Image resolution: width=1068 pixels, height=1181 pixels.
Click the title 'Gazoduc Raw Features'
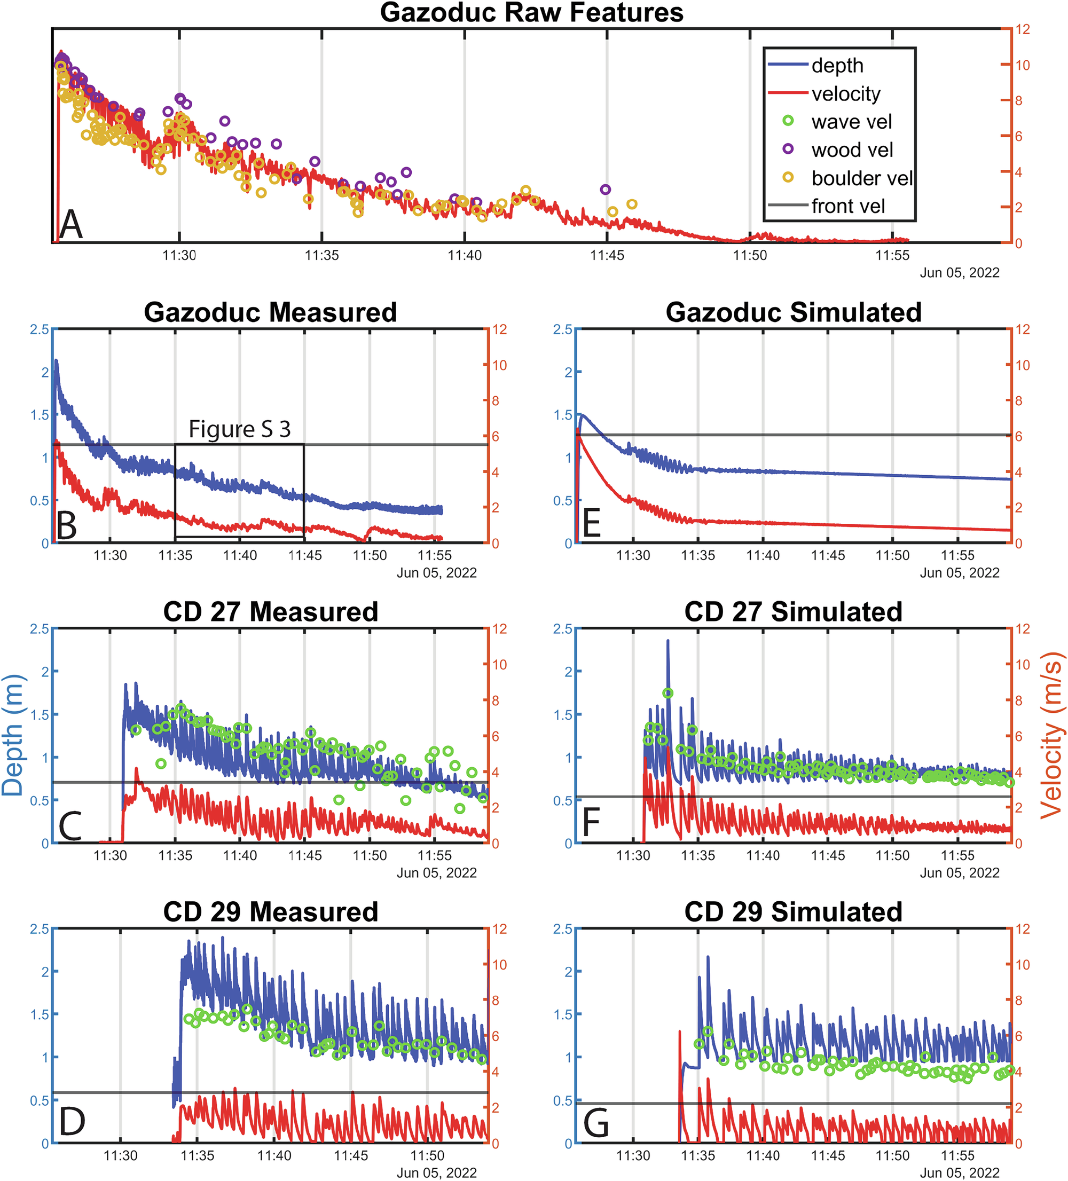(x=531, y=12)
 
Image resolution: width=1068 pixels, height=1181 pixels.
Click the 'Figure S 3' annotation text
(x=240, y=429)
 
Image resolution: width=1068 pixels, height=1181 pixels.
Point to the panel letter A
(x=72, y=224)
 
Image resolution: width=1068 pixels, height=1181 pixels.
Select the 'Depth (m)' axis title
(x=13, y=736)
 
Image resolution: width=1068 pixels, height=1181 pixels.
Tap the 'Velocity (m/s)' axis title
(x=1052, y=736)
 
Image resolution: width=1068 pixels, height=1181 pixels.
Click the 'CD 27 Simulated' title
(x=793, y=612)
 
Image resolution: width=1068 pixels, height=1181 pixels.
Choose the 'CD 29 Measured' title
(x=271, y=912)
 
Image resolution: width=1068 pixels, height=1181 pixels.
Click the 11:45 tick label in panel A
(x=607, y=255)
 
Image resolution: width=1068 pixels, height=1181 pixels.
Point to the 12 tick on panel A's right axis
(x=1022, y=29)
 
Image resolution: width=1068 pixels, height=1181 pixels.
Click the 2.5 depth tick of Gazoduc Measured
(x=40, y=330)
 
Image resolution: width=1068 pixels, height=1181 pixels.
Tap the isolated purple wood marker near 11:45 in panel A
(x=605, y=189)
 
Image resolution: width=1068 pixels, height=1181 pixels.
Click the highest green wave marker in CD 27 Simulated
(x=668, y=694)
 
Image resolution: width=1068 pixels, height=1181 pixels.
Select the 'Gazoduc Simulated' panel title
(x=793, y=312)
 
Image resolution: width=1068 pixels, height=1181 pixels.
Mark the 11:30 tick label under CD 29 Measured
(x=121, y=1156)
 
